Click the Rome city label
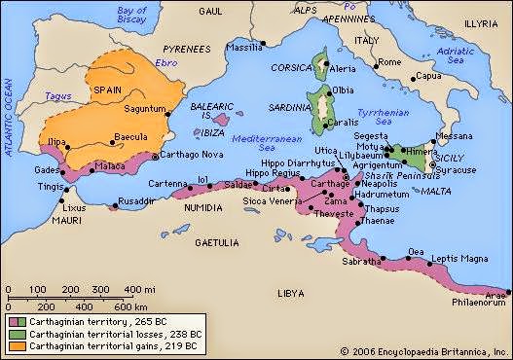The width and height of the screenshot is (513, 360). pyautogui.click(x=390, y=62)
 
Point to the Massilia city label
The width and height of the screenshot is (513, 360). pyautogui.click(x=241, y=47)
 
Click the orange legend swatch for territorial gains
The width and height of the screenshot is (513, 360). pyautogui.click(x=20, y=344)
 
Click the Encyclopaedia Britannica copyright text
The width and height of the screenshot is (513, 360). pyautogui.click(x=425, y=350)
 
